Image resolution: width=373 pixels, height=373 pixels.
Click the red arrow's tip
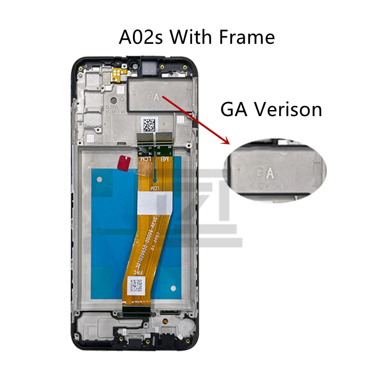tap(228, 143)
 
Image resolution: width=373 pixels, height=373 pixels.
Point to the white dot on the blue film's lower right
tap(173, 289)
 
